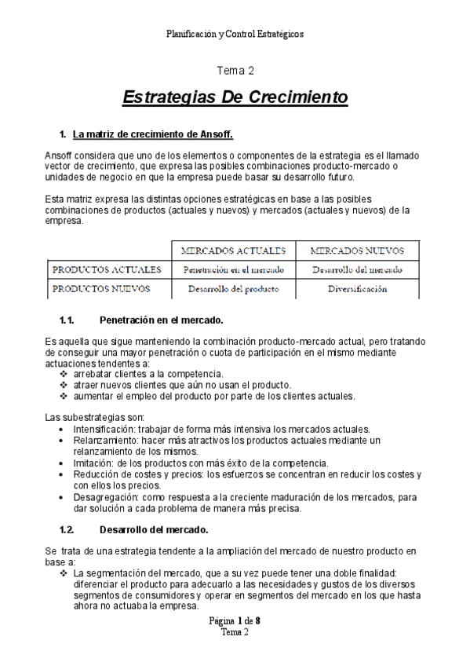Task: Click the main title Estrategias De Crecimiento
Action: (x=235, y=98)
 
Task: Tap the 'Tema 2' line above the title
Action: (x=235, y=71)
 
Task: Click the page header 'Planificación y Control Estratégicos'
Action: (x=235, y=34)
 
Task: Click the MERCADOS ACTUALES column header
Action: (x=233, y=251)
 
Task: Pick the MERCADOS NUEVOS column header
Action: (x=357, y=251)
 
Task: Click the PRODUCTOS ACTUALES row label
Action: (x=107, y=269)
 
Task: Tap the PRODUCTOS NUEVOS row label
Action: (x=101, y=288)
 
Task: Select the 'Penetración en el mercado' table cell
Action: (x=233, y=269)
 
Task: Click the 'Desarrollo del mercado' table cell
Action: (x=357, y=269)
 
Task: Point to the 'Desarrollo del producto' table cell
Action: (x=233, y=288)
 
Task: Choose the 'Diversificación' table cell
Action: (x=357, y=288)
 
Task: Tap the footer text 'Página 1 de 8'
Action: (x=235, y=621)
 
